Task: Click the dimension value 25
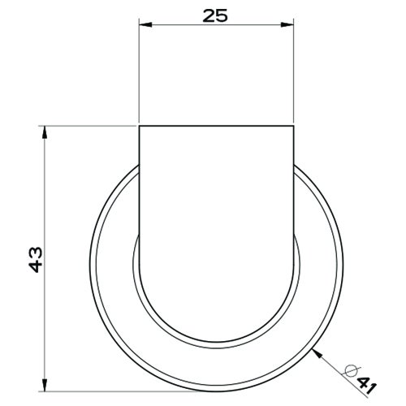click(x=216, y=14)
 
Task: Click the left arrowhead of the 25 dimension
click(x=144, y=24)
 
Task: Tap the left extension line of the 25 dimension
click(x=138, y=73)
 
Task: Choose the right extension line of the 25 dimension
click(x=294, y=73)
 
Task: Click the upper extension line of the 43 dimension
click(x=89, y=126)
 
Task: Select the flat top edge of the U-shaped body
click(x=216, y=126)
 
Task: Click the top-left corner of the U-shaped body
click(x=138, y=126)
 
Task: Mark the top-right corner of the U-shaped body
click(x=294, y=126)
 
